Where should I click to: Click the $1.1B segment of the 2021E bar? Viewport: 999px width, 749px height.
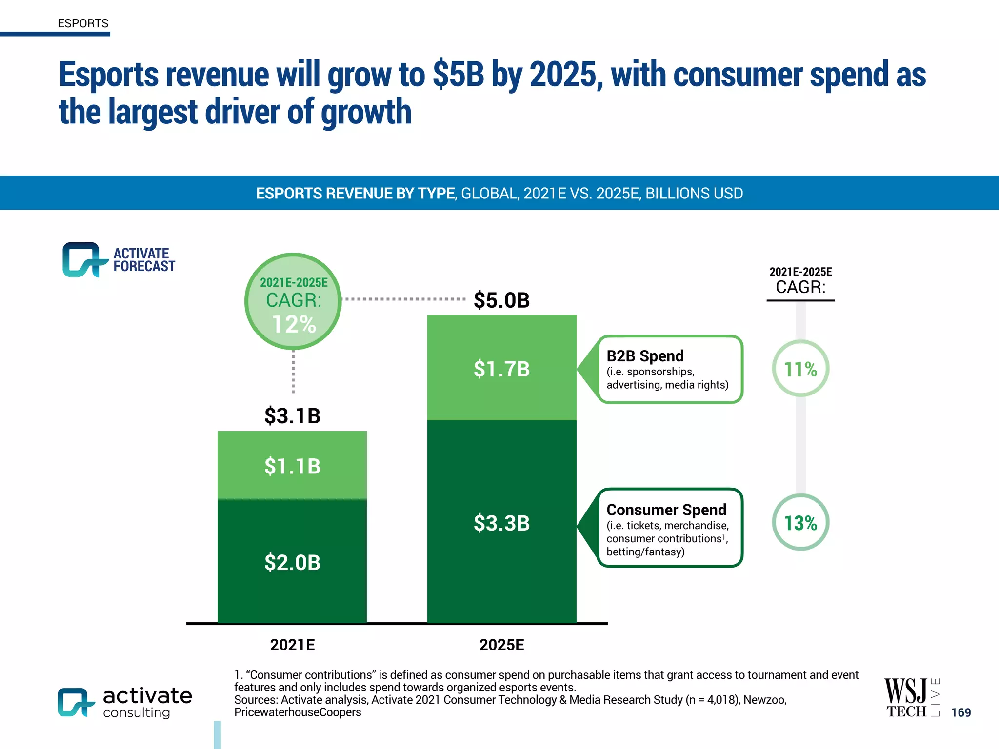[x=292, y=466]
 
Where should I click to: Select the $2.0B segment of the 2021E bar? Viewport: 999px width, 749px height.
[x=292, y=562]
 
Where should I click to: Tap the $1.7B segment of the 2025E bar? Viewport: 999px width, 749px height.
[x=501, y=369]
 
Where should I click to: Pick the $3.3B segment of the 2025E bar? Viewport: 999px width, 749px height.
[x=501, y=523]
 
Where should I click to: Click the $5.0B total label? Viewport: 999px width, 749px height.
[x=501, y=300]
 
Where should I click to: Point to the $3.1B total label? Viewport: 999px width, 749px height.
[x=292, y=416]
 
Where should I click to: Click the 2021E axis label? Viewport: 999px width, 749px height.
[x=292, y=645]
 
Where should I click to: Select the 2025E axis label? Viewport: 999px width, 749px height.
[x=501, y=645]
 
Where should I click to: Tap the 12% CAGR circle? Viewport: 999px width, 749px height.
[x=293, y=301]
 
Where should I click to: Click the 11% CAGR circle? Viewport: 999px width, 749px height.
[x=800, y=369]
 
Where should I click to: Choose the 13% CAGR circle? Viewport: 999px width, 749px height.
[x=800, y=523]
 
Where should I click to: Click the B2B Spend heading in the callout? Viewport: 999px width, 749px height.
[x=645, y=356]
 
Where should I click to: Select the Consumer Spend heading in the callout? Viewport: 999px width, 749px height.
[x=666, y=510]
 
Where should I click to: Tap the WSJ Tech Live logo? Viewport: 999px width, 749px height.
[x=911, y=698]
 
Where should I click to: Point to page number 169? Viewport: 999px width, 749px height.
[x=961, y=712]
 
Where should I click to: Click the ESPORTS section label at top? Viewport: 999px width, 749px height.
[x=83, y=23]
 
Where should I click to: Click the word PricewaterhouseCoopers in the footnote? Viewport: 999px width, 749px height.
[x=298, y=712]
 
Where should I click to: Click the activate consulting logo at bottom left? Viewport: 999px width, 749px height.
[x=125, y=702]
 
